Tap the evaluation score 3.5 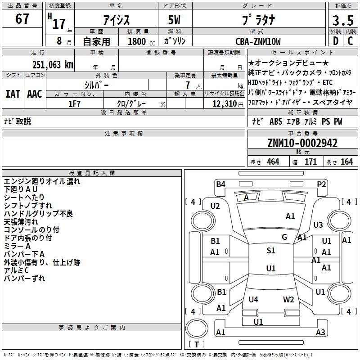(x=342, y=21)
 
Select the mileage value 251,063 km (x=53, y=64)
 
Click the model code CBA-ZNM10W (x=258, y=41)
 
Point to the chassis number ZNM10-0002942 (x=302, y=143)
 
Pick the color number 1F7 (x=74, y=103)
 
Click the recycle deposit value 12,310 (x=224, y=103)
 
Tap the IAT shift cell (x=13, y=94)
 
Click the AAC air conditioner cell (x=35, y=94)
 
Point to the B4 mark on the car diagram (x=220, y=184)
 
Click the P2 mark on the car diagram (x=321, y=184)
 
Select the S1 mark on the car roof (x=270, y=250)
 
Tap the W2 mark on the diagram (x=288, y=300)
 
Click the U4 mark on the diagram (x=253, y=300)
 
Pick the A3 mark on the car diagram (x=320, y=333)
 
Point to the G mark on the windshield (x=284, y=237)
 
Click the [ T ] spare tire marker (x=196, y=345)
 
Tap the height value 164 (x=346, y=162)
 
